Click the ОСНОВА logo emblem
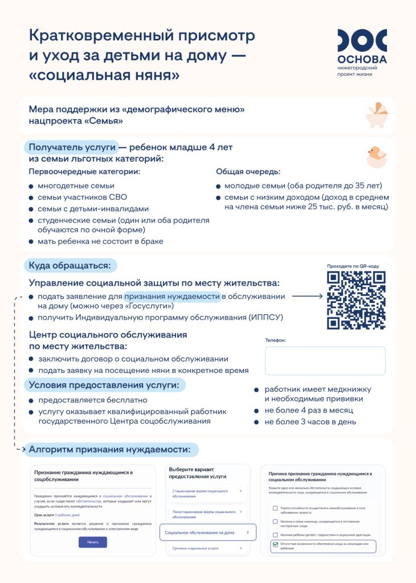pos(362,42)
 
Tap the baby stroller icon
pos(376,114)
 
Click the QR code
pos(356,300)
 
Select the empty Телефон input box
pos(325,360)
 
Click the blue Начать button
pos(92,542)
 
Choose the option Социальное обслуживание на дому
pos(207,532)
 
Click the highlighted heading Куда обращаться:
pos(71,265)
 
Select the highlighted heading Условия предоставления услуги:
pos(104,385)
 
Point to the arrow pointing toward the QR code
pos(307,296)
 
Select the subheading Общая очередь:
pos(248,171)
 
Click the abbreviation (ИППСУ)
pos(266,317)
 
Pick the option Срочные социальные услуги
pos(195,548)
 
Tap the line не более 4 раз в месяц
pos(308,410)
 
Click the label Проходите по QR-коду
pos(353,266)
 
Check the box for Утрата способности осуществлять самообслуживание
pos(275,508)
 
